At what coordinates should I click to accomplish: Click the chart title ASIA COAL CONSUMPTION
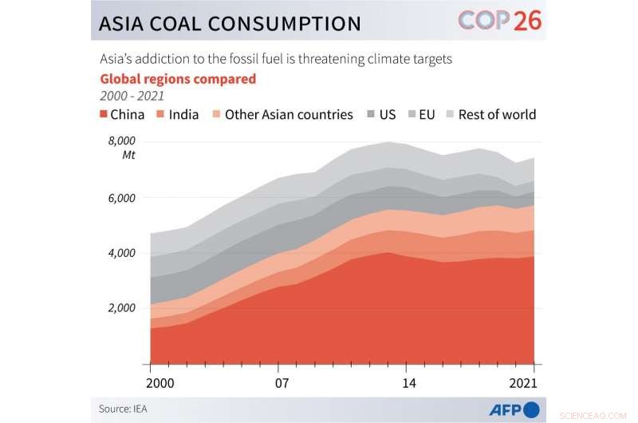tap(230, 23)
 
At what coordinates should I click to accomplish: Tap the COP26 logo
tap(499, 21)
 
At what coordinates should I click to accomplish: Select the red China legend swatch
tap(103, 114)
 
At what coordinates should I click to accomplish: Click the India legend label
tap(183, 114)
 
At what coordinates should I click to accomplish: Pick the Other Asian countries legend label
tap(288, 114)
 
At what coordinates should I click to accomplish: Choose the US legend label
tap(387, 114)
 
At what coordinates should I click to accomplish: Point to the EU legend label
tap(427, 114)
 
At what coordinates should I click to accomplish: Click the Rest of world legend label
tap(497, 114)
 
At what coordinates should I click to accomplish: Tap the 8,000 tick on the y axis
tap(121, 141)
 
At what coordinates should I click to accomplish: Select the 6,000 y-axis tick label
tap(121, 198)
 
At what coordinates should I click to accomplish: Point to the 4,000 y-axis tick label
tap(121, 253)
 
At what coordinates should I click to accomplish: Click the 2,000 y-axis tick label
tap(121, 308)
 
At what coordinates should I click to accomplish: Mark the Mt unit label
tap(128, 155)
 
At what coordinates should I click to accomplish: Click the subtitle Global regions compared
tap(178, 79)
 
